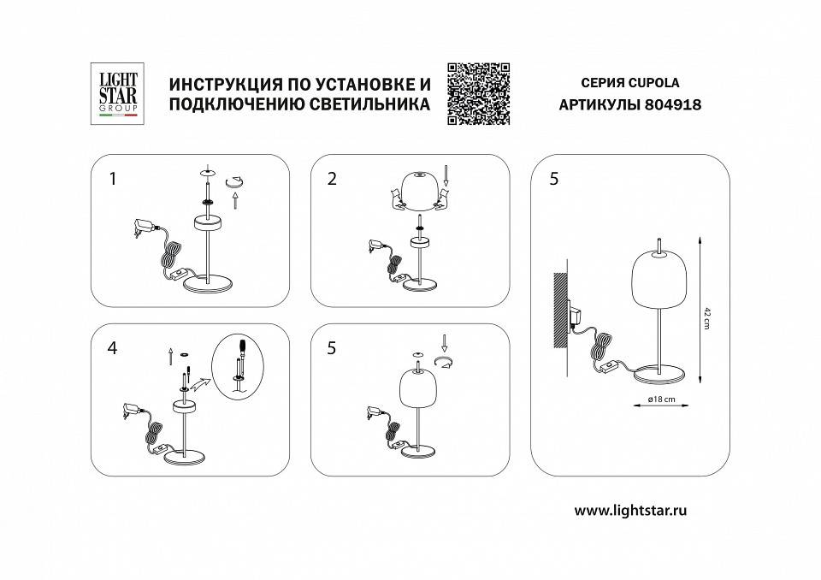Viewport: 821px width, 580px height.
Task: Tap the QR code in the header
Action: [x=479, y=93]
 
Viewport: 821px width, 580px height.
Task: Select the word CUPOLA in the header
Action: [x=655, y=83]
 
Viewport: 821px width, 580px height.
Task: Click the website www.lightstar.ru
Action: [x=631, y=510]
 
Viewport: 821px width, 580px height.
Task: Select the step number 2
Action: [x=332, y=179]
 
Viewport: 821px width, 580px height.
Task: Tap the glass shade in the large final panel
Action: [x=659, y=279]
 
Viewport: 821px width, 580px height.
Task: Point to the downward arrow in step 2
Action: [x=446, y=180]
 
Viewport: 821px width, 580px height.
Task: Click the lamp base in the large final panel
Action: [x=658, y=373]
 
